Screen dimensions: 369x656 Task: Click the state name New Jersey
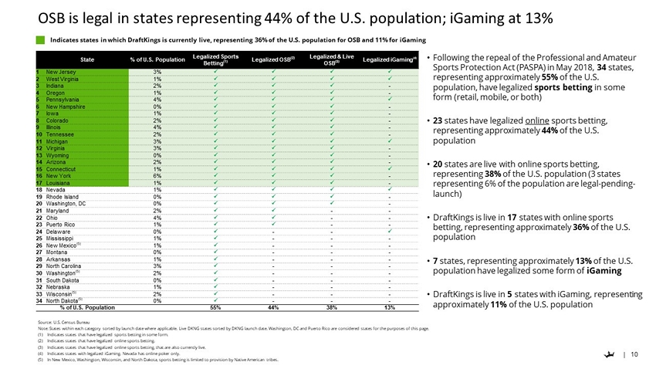click(x=60, y=71)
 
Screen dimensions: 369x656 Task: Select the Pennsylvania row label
click(x=62, y=100)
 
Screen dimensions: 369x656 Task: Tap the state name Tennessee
click(x=61, y=134)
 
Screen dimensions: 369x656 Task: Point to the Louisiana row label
click(x=59, y=182)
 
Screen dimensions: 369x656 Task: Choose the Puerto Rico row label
click(x=60, y=224)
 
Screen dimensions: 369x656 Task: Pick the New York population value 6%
click(x=157, y=175)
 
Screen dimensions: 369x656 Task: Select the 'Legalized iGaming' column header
click(x=389, y=59)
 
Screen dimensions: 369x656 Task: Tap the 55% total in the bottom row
click(x=216, y=307)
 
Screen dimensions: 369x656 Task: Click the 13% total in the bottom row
click(x=390, y=307)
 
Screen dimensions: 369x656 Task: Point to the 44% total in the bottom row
click(x=272, y=307)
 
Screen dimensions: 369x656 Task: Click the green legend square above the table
click(x=40, y=39)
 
